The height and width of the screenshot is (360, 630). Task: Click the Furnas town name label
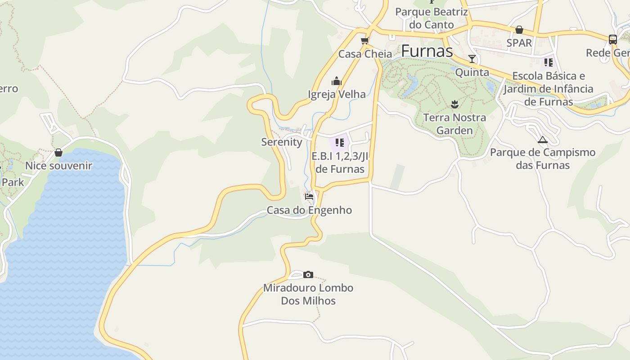click(427, 51)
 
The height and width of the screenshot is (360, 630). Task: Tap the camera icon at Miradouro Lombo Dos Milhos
click(308, 274)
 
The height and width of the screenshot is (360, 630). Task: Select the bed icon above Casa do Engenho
click(309, 197)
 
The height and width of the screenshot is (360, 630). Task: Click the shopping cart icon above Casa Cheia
click(364, 41)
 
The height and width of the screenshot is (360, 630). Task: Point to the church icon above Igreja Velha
click(336, 81)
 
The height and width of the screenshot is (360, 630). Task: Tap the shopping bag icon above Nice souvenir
click(58, 153)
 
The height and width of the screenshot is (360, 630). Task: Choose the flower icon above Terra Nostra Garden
click(454, 104)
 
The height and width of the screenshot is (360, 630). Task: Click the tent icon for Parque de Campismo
click(542, 139)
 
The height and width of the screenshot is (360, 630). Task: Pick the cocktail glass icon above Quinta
click(472, 59)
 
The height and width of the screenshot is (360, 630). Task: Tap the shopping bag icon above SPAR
click(519, 30)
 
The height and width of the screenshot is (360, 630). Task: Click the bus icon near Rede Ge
click(612, 40)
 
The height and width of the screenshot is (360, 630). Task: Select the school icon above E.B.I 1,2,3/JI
click(340, 143)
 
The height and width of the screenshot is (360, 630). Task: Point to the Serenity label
click(282, 142)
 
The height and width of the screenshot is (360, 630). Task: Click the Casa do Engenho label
click(309, 210)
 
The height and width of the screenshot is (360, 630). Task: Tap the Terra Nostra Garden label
click(454, 124)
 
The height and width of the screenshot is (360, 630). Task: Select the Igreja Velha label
click(337, 94)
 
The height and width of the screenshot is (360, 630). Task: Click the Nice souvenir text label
click(58, 166)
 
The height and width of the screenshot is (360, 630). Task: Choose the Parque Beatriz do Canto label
click(431, 18)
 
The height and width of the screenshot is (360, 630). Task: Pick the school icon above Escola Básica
click(548, 62)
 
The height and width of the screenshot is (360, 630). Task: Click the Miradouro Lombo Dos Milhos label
click(308, 294)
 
